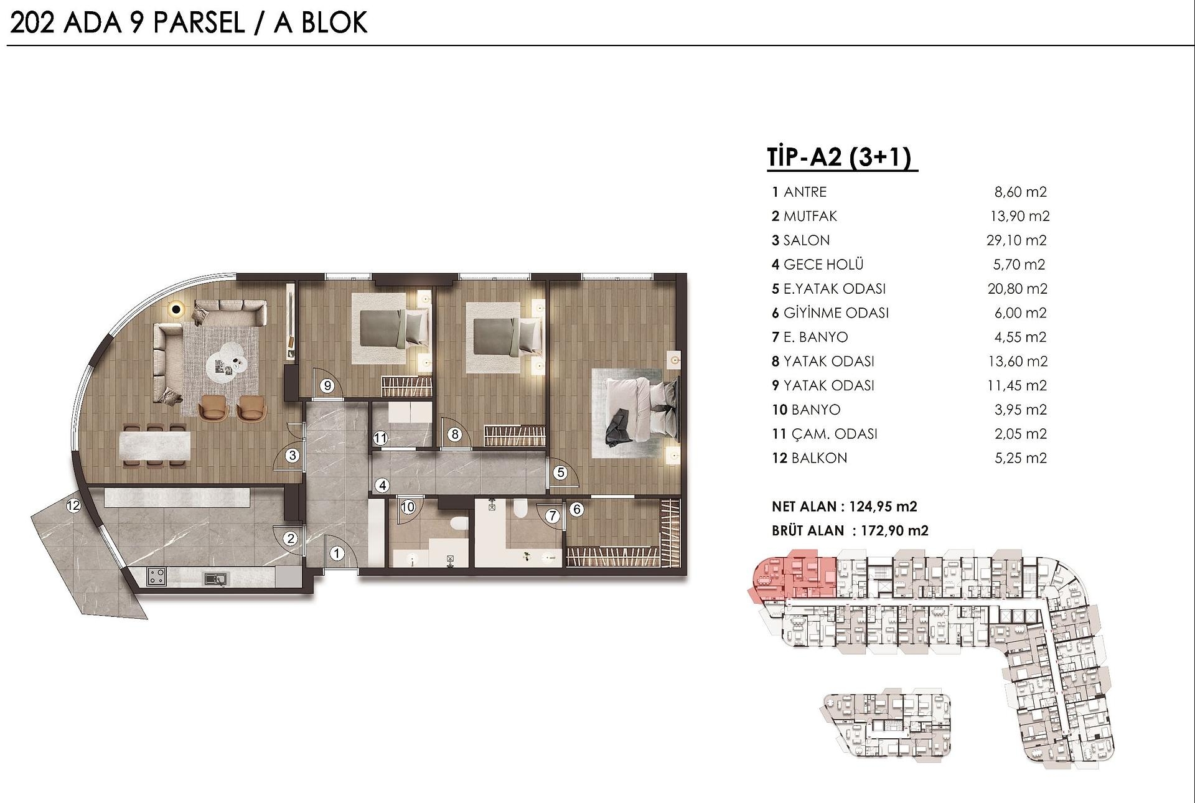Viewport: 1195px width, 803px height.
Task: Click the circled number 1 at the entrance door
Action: pyautogui.click(x=337, y=553)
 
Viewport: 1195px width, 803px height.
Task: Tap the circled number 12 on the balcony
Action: pyautogui.click(x=73, y=505)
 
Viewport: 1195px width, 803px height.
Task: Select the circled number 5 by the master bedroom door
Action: pyautogui.click(x=561, y=472)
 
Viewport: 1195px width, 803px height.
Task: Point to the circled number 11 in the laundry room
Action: pyautogui.click(x=380, y=438)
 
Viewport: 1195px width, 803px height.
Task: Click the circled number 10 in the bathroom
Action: pyautogui.click(x=408, y=507)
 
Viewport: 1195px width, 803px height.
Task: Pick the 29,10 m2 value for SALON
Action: pyautogui.click(x=1016, y=240)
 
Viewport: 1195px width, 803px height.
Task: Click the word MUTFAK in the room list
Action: pyautogui.click(x=810, y=216)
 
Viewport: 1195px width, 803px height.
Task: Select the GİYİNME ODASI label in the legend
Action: pyautogui.click(x=835, y=312)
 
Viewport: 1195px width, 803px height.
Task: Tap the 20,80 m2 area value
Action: pyautogui.click(x=1017, y=289)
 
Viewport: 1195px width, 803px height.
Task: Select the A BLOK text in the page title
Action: pyautogui.click(x=321, y=23)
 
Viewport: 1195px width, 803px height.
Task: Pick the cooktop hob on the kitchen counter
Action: pyautogui.click(x=157, y=576)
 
